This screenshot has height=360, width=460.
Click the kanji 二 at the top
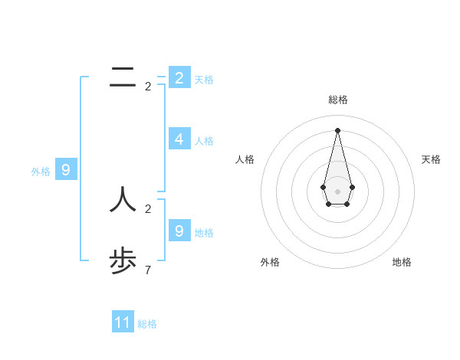(x=123, y=77)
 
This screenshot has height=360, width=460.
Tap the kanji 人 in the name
(x=123, y=200)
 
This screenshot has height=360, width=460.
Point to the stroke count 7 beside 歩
(x=148, y=270)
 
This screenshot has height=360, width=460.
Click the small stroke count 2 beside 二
(x=148, y=87)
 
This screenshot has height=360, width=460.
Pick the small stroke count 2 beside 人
(x=148, y=208)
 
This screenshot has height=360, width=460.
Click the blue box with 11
(x=123, y=322)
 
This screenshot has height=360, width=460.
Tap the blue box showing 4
(x=179, y=139)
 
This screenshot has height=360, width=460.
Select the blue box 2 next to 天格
(x=179, y=77)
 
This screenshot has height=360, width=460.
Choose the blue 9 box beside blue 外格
(x=66, y=170)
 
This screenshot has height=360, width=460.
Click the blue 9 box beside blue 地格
(x=179, y=231)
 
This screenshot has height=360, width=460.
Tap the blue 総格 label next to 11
(x=147, y=324)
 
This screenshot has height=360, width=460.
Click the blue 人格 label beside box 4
(x=204, y=141)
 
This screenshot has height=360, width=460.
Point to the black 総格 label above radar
(x=337, y=100)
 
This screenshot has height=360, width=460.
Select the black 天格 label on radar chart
(x=432, y=159)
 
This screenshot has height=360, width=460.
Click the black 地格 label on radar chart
(x=402, y=262)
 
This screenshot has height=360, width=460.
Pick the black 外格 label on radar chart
(x=270, y=262)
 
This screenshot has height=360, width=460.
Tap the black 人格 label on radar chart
(x=245, y=159)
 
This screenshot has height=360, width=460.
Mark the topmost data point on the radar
(x=337, y=129)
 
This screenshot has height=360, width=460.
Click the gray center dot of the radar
(x=337, y=191)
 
